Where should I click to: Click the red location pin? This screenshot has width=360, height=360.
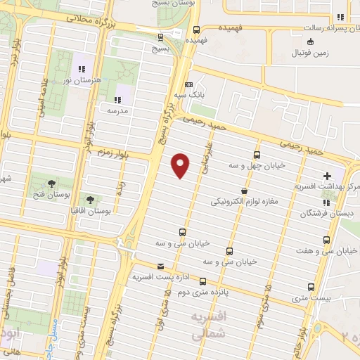click(181, 165)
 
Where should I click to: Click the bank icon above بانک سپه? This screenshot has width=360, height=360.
click(188, 84)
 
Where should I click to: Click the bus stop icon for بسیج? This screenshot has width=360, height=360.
click(161, 38)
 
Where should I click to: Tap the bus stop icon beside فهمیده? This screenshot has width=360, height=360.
click(196, 30)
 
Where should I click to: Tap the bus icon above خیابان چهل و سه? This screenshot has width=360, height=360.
click(257, 155)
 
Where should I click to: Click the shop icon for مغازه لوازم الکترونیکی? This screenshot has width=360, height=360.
click(243, 191)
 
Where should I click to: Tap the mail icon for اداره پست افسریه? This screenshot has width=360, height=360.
click(161, 266)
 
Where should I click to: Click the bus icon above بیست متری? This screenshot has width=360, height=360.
click(313, 287)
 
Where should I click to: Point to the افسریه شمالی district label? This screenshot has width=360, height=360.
click(208, 323)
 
